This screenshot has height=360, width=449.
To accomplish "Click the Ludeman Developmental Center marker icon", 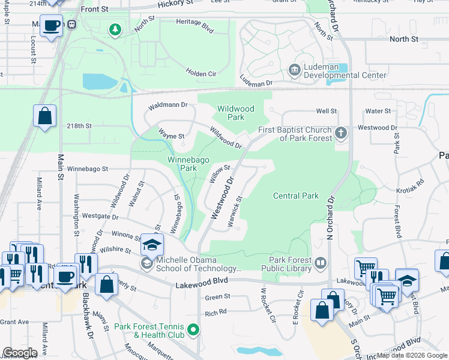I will [x=295, y=70].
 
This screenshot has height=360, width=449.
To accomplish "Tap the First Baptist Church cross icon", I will [x=341, y=133].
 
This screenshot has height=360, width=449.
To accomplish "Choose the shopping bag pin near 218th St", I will [x=45, y=116].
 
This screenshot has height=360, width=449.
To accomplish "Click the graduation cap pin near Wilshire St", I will [x=152, y=244].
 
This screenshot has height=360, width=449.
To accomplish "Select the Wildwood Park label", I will [x=236, y=113].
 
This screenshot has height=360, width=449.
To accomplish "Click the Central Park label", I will [x=295, y=196].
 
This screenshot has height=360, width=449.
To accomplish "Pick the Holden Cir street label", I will [x=200, y=73].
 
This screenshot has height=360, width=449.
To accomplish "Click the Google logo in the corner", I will [x=20, y=353].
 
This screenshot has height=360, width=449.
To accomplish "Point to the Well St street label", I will [x=327, y=111].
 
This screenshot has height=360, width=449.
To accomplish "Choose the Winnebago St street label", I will [x=87, y=170].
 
